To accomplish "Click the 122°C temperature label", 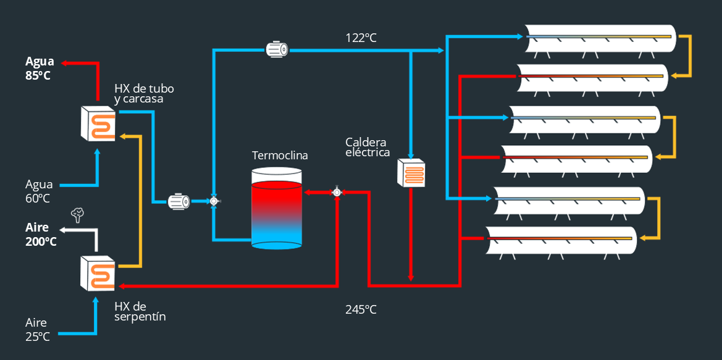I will click(361, 38).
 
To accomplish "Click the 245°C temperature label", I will click(361, 309).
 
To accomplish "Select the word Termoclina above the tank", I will click(280, 155).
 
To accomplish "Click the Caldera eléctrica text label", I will click(367, 147).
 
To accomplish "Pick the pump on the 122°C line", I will click(277, 49).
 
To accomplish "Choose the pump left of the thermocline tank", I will click(180, 201).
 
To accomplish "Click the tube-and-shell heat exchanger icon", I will click(98, 123).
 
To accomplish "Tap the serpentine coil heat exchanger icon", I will click(98, 273).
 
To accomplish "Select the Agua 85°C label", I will click(39, 68).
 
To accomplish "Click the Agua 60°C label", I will click(38, 191).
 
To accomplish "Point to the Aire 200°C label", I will click(40, 234).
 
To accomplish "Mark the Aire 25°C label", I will click(38, 329).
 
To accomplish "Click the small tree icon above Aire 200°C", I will click(77, 214).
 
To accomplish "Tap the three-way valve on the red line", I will click(337, 192).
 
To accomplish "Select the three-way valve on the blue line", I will click(214, 201).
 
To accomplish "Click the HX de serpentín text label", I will click(140, 311).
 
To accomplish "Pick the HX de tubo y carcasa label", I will click(139, 94).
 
